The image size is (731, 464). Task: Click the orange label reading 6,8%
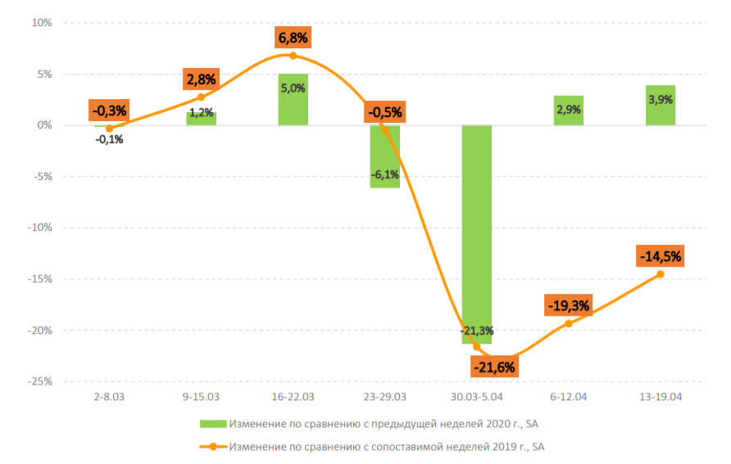(293, 38)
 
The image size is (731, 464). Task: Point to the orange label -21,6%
(493, 367)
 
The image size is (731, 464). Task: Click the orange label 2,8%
(201, 79)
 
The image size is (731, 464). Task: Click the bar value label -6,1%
(384, 175)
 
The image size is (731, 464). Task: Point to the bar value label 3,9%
(661, 99)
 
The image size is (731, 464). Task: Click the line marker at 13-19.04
(661, 274)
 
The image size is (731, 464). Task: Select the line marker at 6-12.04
(569, 323)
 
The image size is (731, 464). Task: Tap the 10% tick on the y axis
(42, 23)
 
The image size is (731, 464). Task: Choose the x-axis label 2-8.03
(109, 396)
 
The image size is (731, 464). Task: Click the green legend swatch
(212, 424)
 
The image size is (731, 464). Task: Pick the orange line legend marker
(212, 447)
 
